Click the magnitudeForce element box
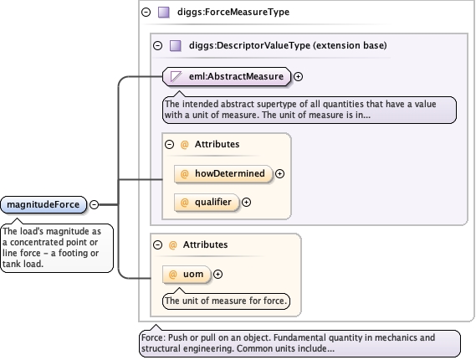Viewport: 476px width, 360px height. [44, 204]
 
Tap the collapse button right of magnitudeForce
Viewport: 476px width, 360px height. [95, 204]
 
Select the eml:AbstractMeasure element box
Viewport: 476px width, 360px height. [227, 76]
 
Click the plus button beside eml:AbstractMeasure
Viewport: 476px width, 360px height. [299, 76]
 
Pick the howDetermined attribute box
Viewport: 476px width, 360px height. [223, 173]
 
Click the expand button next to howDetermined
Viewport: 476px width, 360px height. [279, 173]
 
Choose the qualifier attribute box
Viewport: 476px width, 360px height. [207, 202]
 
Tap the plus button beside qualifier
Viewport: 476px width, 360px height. [246, 202]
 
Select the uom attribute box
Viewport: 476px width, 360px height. [187, 274]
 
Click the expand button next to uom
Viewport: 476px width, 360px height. [218, 274]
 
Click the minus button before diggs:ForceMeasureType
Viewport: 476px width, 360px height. [146, 12]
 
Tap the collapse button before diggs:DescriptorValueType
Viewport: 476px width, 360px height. [157, 45]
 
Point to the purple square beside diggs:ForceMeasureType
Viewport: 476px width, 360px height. [164, 13]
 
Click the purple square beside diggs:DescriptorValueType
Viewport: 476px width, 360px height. [176, 45]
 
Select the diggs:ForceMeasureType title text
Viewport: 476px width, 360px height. [233, 12]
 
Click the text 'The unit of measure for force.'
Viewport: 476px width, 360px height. [226, 301]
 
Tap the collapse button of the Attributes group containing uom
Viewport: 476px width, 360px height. [157, 244]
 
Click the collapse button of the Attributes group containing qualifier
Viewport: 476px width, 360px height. [169, 144]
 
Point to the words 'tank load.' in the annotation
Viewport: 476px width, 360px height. [23, 264]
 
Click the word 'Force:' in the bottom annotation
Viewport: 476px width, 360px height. [153, 337]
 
